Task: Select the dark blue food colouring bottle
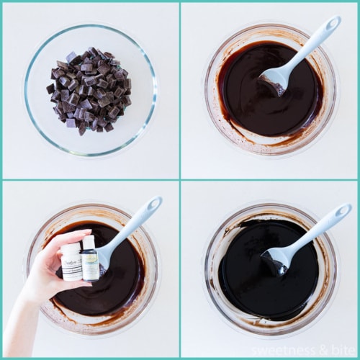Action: click(x=90, y=261)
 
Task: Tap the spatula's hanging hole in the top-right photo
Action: click(x=332, y=24)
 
